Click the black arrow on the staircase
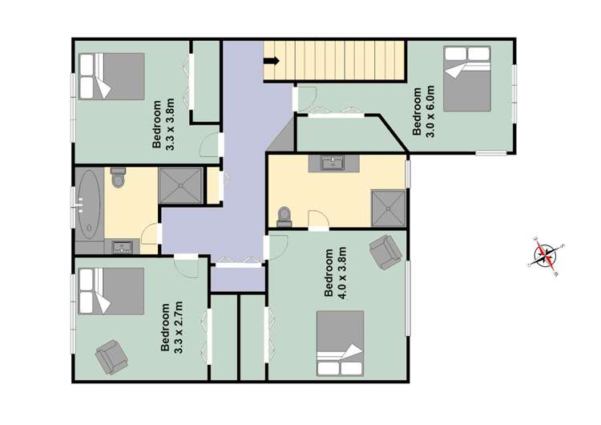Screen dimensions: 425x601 tap(272, 60)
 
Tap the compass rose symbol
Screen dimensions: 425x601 tap(547, 256)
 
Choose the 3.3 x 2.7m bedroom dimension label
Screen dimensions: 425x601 tap(171, 326)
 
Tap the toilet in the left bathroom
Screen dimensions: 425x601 tap(119, 178)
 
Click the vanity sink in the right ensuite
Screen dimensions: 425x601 tap(331, 164)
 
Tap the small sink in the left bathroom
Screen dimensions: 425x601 tap(123, 245)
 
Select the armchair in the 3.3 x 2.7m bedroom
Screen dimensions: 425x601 tap(111, 355)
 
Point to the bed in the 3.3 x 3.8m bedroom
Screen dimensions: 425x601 tap(111, 77)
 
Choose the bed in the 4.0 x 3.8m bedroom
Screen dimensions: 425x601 tap(341, 343)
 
